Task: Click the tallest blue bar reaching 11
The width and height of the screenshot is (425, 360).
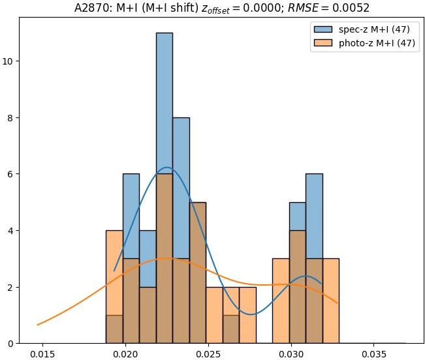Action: pos(165,98)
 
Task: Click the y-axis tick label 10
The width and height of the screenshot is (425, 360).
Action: pos(8,61)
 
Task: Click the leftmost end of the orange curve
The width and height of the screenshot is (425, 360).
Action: pos(38,325)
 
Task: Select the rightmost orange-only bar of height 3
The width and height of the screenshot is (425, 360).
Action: pos(330,301)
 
